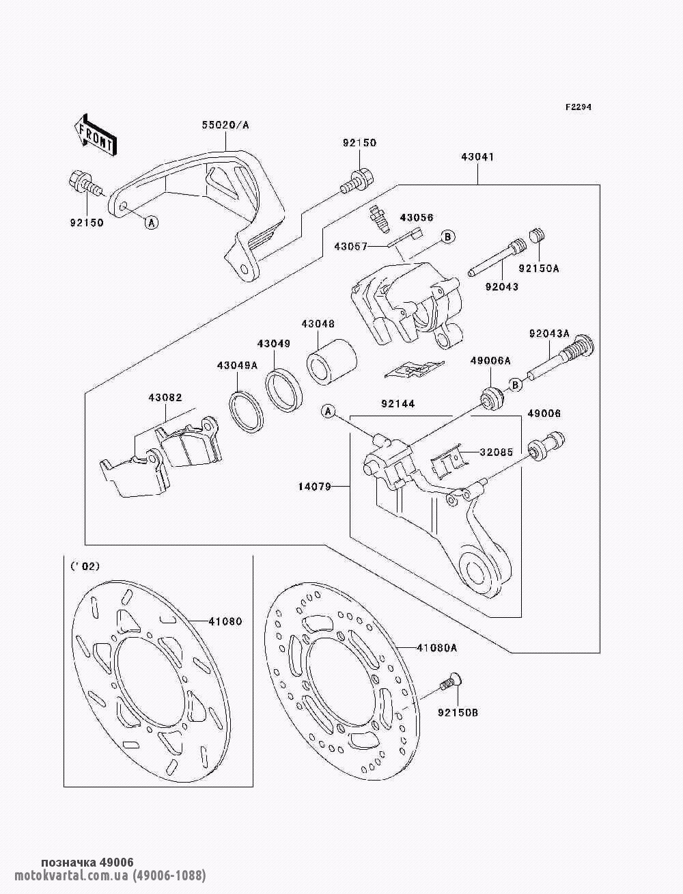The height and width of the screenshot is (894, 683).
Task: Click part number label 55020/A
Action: point(225,125)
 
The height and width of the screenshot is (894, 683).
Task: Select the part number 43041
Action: point(477,157)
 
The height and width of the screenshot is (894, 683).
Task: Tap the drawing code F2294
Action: point(578,107)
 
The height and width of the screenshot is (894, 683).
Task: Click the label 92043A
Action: point(549,334)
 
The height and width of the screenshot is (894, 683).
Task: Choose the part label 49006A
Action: point(490,360)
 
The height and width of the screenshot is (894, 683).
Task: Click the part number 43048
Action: point(318,324)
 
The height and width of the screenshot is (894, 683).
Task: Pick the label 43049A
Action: point(237,365)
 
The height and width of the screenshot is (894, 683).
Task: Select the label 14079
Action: point(314,487)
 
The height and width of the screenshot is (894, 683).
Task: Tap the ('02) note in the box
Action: point(85,566)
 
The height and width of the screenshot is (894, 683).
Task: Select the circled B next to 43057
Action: point(448,237)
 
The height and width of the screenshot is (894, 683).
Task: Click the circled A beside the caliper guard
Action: point(152,221)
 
